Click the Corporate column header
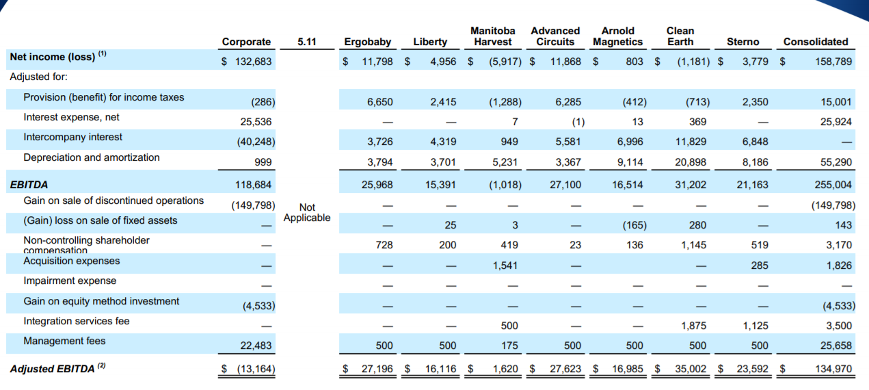pos(246,42)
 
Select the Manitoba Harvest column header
pos(492,36)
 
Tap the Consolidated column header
pos(815,42)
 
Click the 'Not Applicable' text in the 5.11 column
pos(307,212)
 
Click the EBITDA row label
pos(29,184)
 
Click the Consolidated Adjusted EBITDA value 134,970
pos(830,369)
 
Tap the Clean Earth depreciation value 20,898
pos(692,162)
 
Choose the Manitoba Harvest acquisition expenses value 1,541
pos(505,265)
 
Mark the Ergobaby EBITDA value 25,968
pos(379,184)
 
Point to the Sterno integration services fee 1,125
pos(755,326)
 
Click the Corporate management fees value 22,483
pos(257,346)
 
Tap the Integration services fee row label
pos(76,321)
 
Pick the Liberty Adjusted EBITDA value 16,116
pos(440,369)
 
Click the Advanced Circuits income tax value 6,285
pos(568,102)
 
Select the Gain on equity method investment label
pos(101,301)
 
